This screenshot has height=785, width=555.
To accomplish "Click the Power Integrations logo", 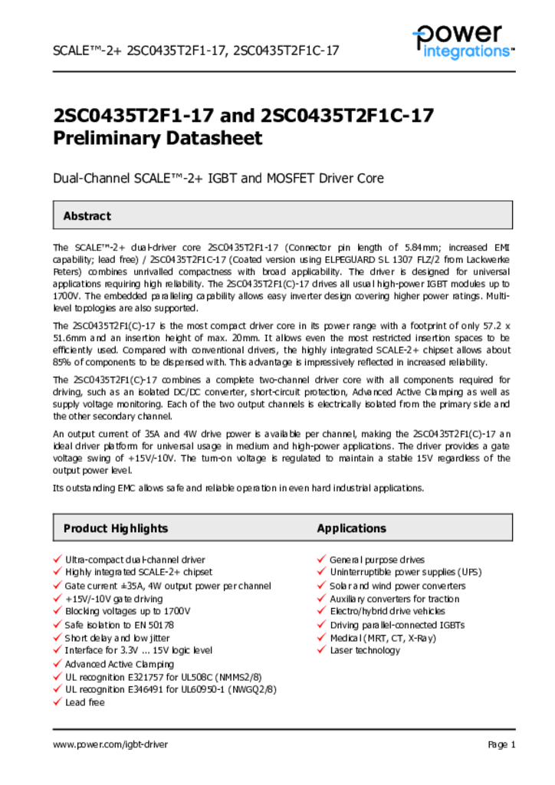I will pos(461,41).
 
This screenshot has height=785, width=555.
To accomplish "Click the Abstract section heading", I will pos(87,216).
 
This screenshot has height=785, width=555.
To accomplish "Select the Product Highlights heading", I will pos(115,528).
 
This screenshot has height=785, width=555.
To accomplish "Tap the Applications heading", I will pos(352,528).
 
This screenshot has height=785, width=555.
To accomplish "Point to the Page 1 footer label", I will pos(501,744).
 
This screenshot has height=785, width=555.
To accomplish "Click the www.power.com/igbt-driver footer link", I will pos(110,744).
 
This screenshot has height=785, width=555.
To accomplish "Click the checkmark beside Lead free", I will pos(57,701).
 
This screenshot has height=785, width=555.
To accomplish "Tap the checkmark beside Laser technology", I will pos(322,649).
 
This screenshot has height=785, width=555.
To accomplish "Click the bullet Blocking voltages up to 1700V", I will pos(127,611).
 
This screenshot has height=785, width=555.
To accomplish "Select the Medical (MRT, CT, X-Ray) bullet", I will pos(383,638).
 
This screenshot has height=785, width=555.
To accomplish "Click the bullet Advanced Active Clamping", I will pos(119,664).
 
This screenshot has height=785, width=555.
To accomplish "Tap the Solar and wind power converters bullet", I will pos(397,586).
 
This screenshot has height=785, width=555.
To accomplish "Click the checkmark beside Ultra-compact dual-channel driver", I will pos(57,560).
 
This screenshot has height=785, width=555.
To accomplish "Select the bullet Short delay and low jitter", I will pos(117,638).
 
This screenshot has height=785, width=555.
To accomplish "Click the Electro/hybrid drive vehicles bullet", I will pos(387,611).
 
